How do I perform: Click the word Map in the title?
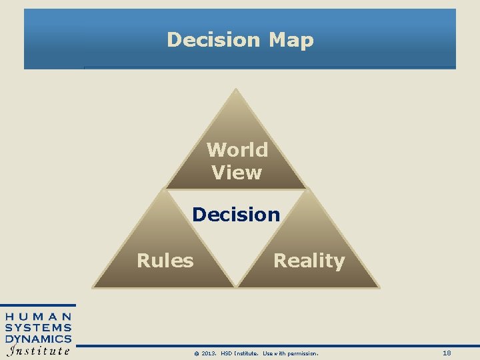coord(291,40)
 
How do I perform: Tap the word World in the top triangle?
coord(237,150)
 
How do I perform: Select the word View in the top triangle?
coord(237,173)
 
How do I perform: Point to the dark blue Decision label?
coord(236,215)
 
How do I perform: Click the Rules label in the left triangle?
coord(165,260)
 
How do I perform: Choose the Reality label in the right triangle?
coord(309,261)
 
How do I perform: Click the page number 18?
coord(447,353)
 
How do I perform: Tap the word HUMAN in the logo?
coord(39,317)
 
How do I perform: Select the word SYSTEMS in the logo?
coord(39,327)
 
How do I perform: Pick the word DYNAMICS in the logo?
coord(39,339)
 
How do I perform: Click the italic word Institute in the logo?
coord(39,351)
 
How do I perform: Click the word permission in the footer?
coord(303,353)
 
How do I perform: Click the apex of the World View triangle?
coord(236,89)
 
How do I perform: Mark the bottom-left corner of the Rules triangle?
coord(93,287)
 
